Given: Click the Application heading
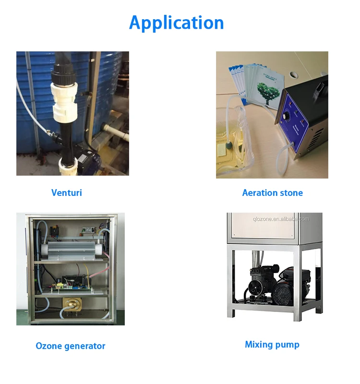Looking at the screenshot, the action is click(176, 23).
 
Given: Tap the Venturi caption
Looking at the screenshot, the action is click(67, 192).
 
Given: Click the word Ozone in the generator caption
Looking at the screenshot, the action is click(49, 346).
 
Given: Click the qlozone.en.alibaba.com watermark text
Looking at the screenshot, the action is click(281, 219).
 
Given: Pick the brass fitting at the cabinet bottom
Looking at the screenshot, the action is click(72, 307).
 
